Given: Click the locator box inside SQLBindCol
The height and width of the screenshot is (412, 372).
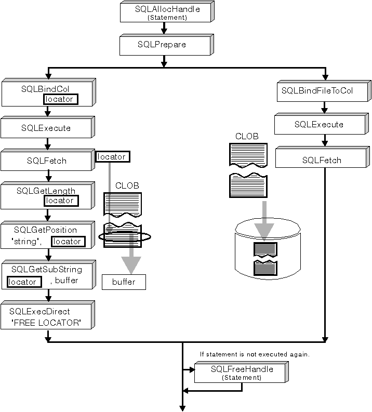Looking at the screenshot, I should pos(60,99).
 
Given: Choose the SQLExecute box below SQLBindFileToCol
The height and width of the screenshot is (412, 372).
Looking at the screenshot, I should pos(318,125).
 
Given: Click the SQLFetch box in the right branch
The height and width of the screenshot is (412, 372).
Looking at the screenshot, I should pos(321,160).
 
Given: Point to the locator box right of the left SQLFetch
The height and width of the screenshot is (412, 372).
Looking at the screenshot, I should pos(112,156).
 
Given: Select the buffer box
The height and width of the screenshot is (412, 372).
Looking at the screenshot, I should pos(124,282).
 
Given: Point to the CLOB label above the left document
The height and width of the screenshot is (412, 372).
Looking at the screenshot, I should pos(127,185).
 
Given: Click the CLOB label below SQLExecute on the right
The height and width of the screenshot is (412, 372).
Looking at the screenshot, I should pos(247,136).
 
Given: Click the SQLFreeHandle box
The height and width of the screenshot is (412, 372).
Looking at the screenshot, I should pos(242,372).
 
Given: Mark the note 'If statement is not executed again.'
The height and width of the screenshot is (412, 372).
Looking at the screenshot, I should pos(255,354).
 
